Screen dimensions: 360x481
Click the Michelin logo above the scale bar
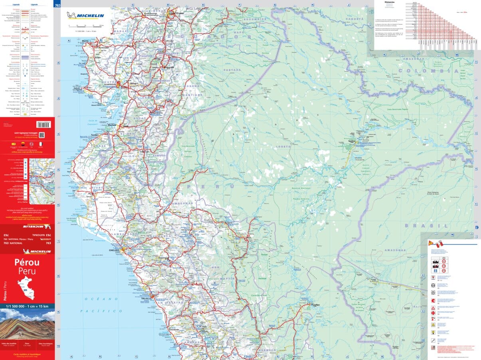click(x=86, y=16)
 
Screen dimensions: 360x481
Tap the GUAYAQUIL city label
click(x=109, y=85)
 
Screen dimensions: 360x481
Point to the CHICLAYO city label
click(x=115, y=250)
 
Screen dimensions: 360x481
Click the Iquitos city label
click(x=352, y=141)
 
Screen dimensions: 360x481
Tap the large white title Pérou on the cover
click(x=27, y=262)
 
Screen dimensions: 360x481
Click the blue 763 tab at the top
click(x=57, y=5)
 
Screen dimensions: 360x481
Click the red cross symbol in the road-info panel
click(x=433, y=314)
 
